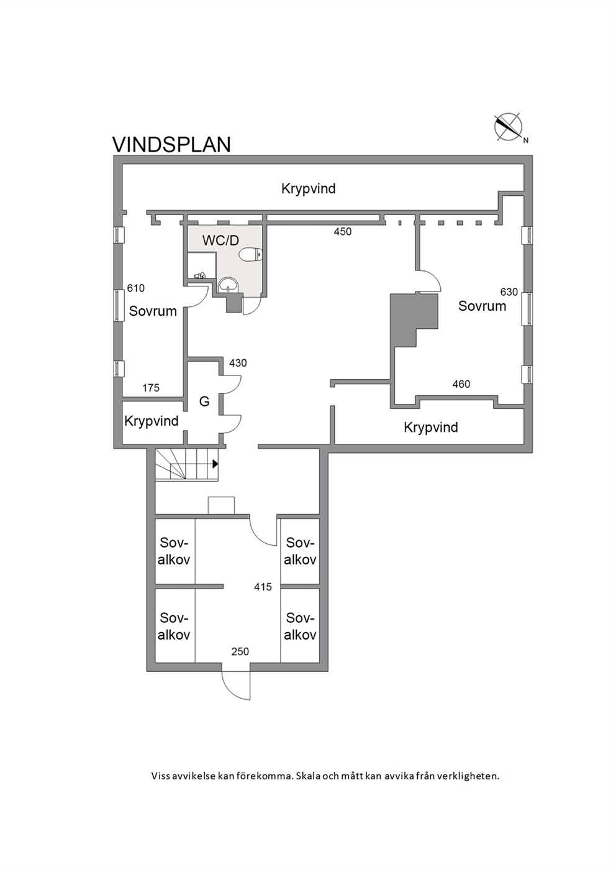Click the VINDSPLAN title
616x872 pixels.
tap(171, 144)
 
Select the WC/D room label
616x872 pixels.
tap(220, 241)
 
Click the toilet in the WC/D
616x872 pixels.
tap(251, 255)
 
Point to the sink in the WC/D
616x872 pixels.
tap(228, 285)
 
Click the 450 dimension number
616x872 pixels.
tap(343, 232)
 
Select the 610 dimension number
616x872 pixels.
tap(136, 288)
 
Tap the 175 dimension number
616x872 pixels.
tap(151, 388)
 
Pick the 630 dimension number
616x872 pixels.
tap(509, 291)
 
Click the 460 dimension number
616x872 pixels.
tap(461, 384)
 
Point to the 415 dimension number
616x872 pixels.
tap(263, 587)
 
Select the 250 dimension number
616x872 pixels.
tap(240, 651)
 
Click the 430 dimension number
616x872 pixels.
tap(238, 363)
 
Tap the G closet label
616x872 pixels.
tap(204, 402)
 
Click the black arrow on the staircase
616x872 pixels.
tap(215, 464)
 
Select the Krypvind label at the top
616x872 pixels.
tap(309, 190)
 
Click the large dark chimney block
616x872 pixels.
tap(414, 320)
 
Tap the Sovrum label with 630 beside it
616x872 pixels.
tap(482, 306)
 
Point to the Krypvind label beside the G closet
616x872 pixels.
tap(152, 421)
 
